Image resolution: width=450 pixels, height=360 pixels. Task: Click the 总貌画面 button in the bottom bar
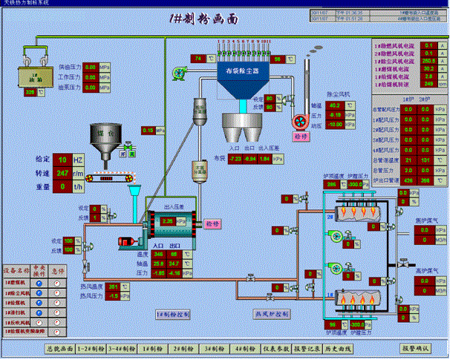pos(59,347)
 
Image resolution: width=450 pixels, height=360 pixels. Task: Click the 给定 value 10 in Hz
pos(63,160)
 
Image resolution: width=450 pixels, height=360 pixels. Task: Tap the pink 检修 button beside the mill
pos(213,223)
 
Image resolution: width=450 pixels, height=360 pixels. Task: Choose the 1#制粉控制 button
pos(175,314)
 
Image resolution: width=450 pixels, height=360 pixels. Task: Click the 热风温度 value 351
pos(113,286)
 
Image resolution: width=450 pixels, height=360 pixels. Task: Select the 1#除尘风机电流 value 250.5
pos(428,60)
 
